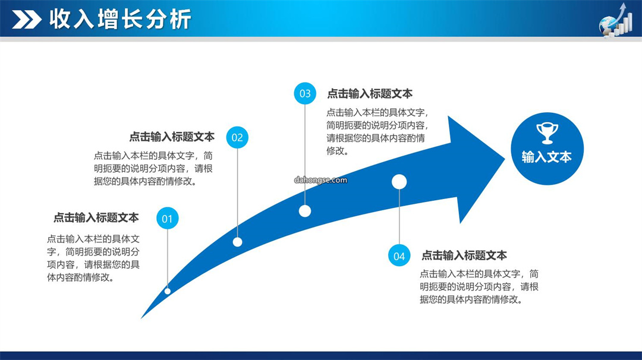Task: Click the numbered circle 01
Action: [167, 219]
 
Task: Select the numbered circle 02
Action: [237, 137]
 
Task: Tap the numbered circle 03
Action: [305, 93]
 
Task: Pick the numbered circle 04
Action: [399, 255]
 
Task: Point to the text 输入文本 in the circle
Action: [547, 157]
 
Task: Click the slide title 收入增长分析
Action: [120, 19]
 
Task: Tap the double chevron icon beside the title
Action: [27, 20]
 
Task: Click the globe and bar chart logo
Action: [616, 20]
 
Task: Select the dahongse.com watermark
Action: [320, 180]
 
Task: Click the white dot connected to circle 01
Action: [168, 291]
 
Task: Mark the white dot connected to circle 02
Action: [237, 242]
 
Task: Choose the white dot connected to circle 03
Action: [304, 211]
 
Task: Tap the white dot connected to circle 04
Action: [399, 182]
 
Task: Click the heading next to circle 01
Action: [96, 217]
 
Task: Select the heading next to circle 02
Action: [172, 137]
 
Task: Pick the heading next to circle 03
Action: [370, 94]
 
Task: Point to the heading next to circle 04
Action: [464, 255]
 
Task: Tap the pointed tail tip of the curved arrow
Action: [141, 317]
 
